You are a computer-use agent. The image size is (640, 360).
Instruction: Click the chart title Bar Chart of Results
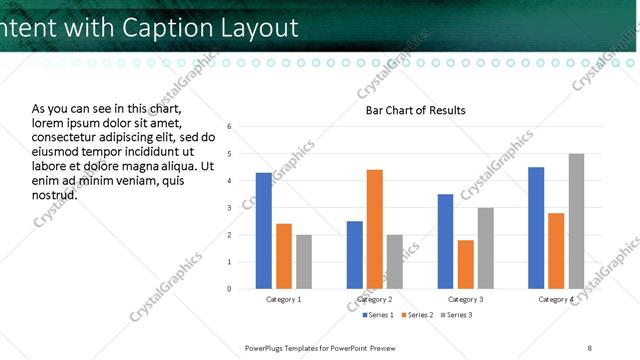click(x=415, y=110)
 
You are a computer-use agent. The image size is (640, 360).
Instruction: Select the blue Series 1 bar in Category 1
click(x=263, y=231)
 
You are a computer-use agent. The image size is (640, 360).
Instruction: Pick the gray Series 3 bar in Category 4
click(x=576, y=221)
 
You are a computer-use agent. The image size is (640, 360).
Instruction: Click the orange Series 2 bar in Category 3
click(x=466, y=264)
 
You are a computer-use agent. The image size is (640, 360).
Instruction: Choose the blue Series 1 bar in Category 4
click(x=536, y=228)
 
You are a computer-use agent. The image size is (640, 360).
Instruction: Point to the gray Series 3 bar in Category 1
click(x=304, y=262)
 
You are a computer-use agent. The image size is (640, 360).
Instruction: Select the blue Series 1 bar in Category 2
click(x=355, y=255)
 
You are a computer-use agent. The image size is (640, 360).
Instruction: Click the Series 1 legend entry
click(x=376, y=315)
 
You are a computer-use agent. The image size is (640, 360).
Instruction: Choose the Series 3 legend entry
click(x=455, y=315)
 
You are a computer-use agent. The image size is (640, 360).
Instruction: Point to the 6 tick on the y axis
click(x=230, y=127)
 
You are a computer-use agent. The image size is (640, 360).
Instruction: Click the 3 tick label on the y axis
click(x=230, y=208)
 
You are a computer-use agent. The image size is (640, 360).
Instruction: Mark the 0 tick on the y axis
click(x=230, y=289)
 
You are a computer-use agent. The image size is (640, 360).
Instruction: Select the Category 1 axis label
click(x=284, y=299)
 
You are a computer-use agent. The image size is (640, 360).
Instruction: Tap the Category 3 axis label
click(x=466, y=299)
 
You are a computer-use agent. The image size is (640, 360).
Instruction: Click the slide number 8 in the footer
click(x=590, y=347)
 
